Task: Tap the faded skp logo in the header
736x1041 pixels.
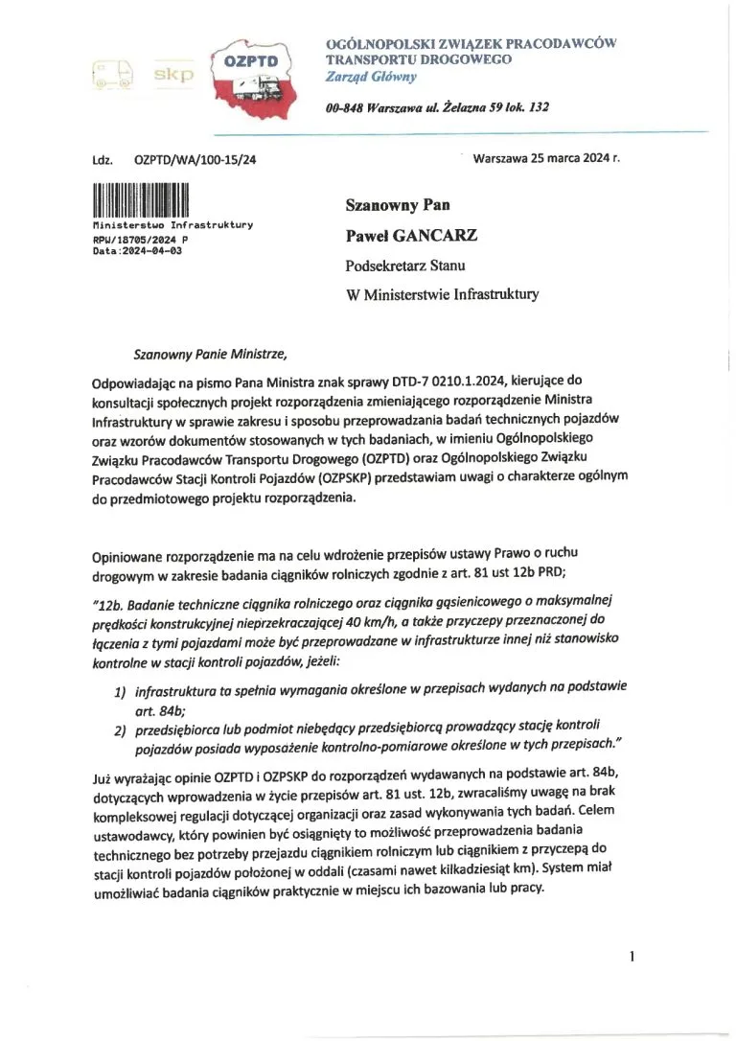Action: click(x=173, y=73)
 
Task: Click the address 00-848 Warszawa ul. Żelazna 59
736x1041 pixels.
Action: click(x=437, y=107)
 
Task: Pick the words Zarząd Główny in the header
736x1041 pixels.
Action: click(x=364, y=75)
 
